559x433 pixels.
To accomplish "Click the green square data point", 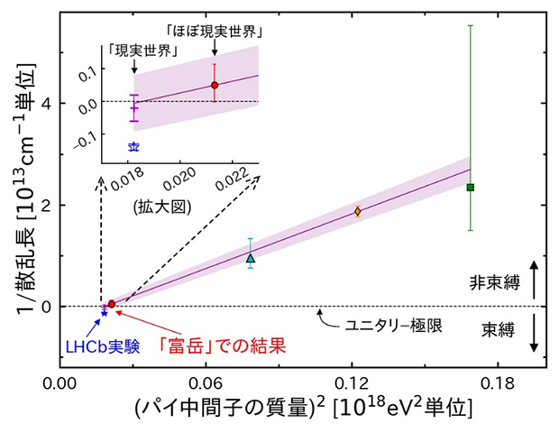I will pyautogui.click(x=470, y=187).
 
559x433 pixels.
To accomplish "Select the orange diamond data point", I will pyautogui.click(x=357, y=211).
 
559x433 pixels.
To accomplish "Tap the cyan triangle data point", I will pyautogui.click(x=251, y=258).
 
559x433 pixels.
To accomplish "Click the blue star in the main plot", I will pyautogui.click(x=105, y=311).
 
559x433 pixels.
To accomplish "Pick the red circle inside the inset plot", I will pyautogui.click(x=215, y=85).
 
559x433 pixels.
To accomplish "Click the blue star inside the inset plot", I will pyautogui.click(x=133, y=146).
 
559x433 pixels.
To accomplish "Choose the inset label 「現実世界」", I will pyautogui.click(x=133, y=50).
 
